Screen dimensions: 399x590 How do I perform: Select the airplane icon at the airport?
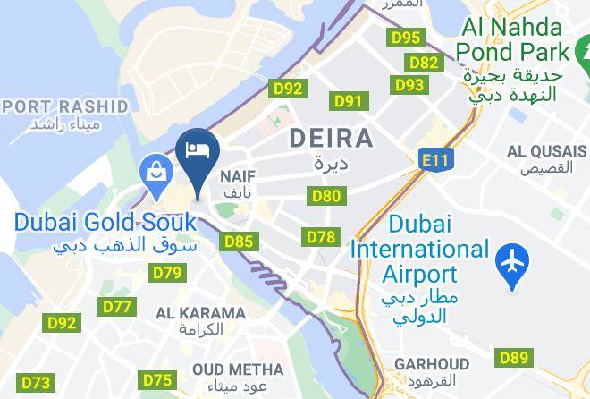coord(512,264)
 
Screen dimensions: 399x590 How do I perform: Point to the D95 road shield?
coord(407,38)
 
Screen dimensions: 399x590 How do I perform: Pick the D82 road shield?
coord(424,62)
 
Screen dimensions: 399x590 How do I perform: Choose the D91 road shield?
coord(348,101)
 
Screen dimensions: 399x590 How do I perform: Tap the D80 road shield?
coord(326,195)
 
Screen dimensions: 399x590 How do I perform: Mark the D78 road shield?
coord(321,237)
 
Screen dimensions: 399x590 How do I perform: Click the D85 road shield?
coord(240,241)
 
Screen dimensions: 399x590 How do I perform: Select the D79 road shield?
coord(167,273)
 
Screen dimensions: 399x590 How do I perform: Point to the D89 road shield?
coord(514,358)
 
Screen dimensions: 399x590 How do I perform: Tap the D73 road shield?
coord(36,383)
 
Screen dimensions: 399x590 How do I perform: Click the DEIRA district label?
coord(331,139)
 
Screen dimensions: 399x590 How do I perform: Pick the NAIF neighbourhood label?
coord(238,177)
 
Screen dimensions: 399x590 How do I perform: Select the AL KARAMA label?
coord(200,313)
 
